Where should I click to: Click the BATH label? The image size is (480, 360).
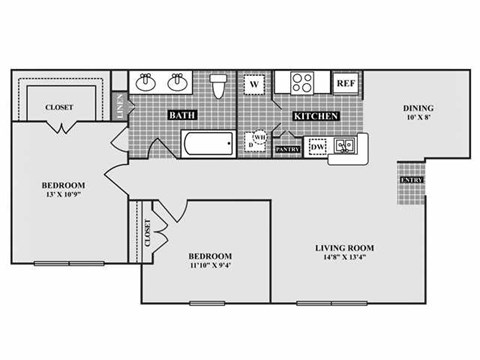click(x=181, y=116)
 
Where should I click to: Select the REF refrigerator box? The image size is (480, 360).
click(x=345, y=83)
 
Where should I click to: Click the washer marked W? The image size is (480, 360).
click(x=254, y=84)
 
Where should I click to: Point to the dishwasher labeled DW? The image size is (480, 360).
click(x=317, y=148)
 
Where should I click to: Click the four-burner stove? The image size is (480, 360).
click(x=300, y=82)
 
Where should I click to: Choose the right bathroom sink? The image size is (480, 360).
click(x=180, y=81)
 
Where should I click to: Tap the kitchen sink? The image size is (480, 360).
click(x=344, y=147)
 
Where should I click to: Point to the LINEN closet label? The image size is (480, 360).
click(x=122, y=104)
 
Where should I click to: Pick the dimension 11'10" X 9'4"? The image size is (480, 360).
click(x=211, y=267)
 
